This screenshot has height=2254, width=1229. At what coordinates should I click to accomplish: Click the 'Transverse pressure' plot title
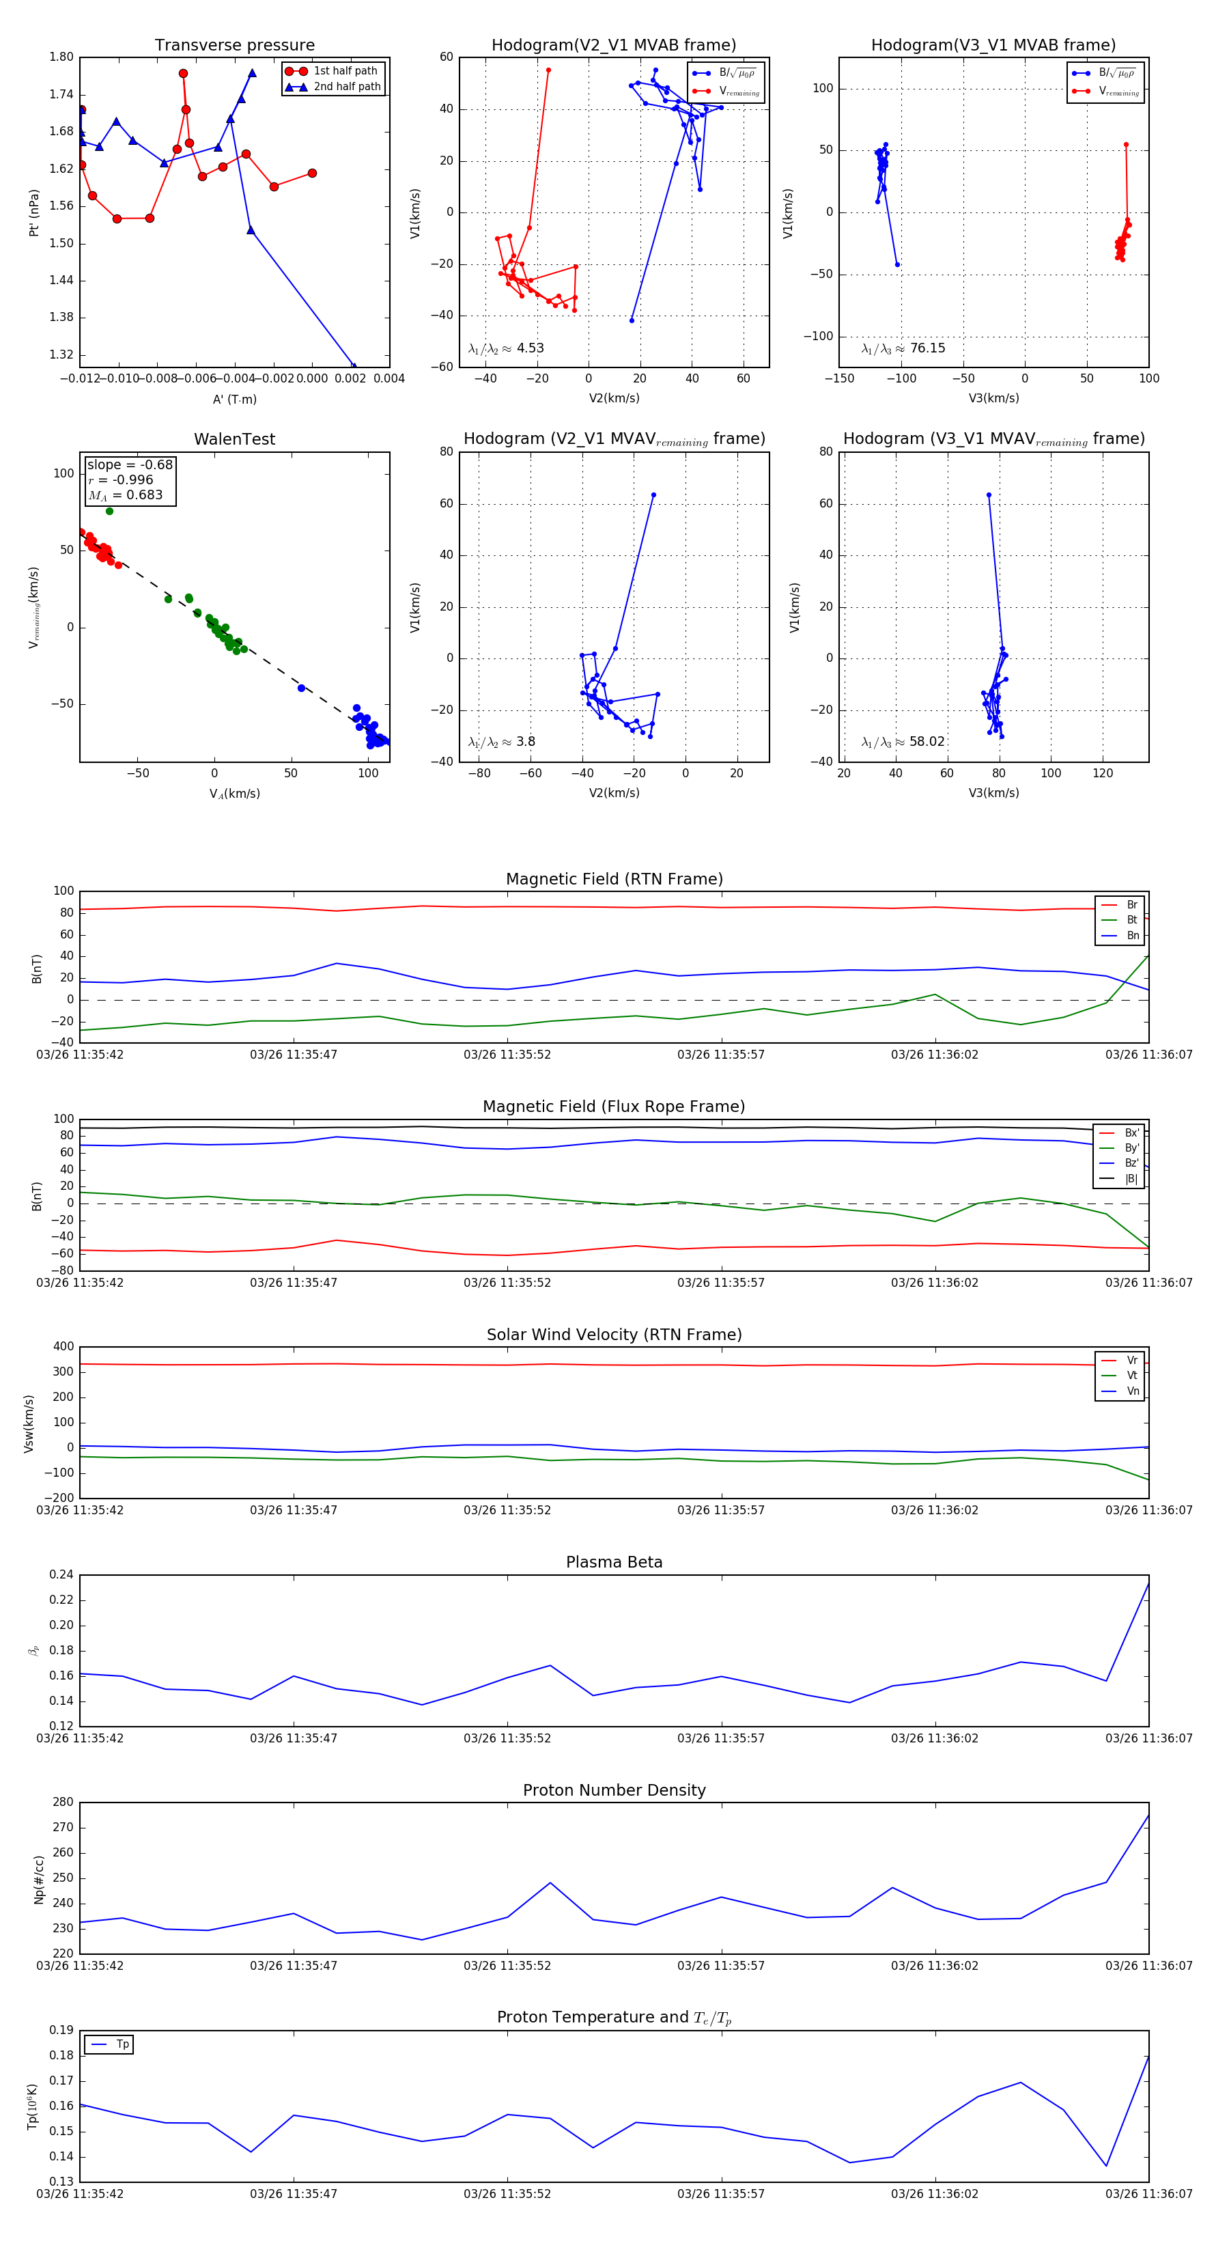(234, 46)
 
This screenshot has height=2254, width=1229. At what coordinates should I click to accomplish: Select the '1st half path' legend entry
(345, 71)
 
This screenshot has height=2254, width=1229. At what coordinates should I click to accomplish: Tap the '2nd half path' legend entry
(346, 87)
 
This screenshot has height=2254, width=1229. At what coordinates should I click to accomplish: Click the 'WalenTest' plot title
(234, 439)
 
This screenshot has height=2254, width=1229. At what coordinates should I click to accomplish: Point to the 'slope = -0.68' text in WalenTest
(130, 464)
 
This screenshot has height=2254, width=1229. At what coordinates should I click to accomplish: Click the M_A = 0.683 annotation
(125, 495)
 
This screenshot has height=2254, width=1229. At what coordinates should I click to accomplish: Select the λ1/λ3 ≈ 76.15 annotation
(903, 348)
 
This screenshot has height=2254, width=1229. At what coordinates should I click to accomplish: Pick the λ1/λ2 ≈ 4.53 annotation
(505, 348)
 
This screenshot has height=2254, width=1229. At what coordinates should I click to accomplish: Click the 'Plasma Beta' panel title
(614, 1562)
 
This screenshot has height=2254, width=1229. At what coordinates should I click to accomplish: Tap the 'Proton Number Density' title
(614, 1790)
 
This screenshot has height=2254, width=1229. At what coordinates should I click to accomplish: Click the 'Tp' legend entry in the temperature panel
(122, 2044)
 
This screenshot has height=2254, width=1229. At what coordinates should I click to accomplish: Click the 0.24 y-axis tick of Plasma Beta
(61, 1574)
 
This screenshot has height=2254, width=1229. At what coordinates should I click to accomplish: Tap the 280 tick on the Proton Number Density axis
(63, 1803)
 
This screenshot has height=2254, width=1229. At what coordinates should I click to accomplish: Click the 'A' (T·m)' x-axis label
(234, 399)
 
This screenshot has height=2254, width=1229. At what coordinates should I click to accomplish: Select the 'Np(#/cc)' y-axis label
(38, 1878)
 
